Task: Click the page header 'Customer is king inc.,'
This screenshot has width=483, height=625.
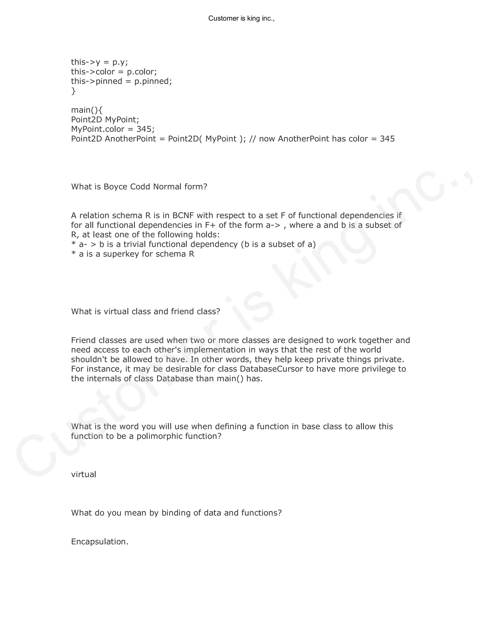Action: point(241,19)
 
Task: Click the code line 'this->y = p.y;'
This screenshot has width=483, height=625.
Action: point(99,62)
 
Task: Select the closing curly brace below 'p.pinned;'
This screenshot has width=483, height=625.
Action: point(74,91)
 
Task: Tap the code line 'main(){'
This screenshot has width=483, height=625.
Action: point(87,110)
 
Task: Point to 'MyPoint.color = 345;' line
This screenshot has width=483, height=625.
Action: point(113,129)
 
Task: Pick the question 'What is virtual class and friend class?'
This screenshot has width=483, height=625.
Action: point(145,311)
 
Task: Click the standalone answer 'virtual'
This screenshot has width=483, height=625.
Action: point(83,475)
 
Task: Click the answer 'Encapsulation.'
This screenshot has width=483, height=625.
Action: point(100,542)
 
